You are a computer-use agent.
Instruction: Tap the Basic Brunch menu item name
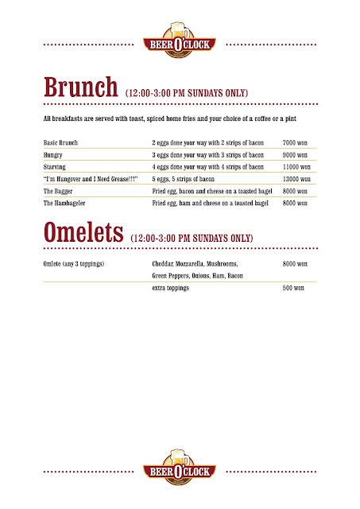click(63, 142)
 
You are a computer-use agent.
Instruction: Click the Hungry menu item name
click(53, 154)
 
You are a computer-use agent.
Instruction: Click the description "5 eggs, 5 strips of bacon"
click(188, 180)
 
